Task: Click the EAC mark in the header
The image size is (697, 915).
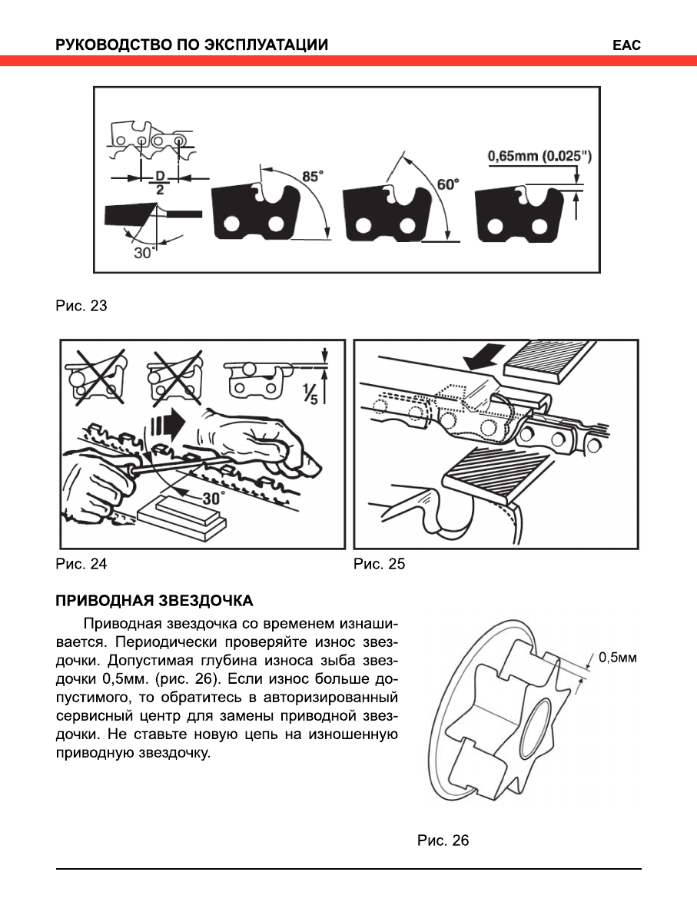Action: click(626, 45)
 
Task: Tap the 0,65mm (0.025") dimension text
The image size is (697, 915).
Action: click(539, 157)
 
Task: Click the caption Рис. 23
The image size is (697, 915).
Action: click(81, 306)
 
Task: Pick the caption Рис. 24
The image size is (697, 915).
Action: click(81, 564)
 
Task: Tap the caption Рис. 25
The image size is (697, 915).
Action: click(379, 564)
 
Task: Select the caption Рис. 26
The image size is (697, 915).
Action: click(443, 840)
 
